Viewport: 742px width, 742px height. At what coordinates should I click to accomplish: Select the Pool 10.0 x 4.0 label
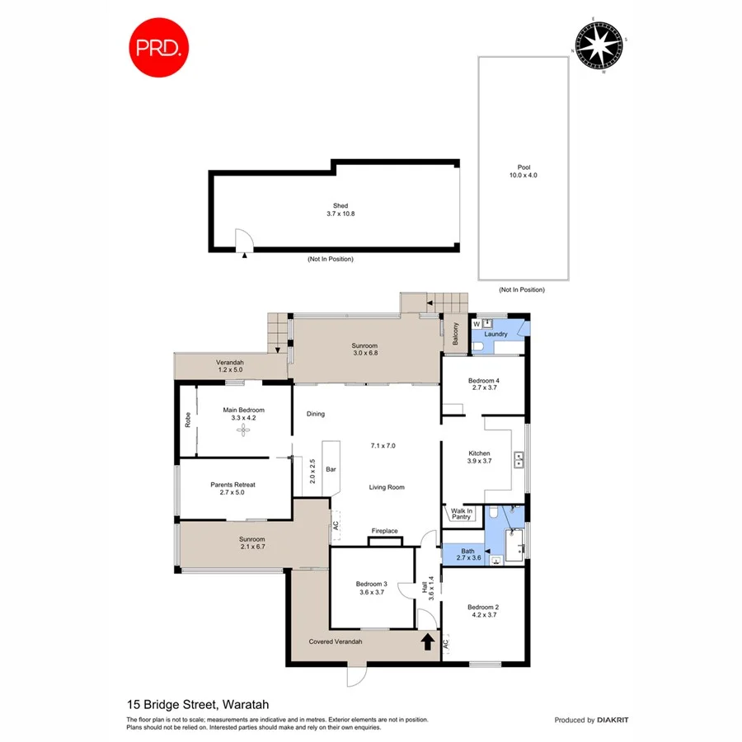[523, 171]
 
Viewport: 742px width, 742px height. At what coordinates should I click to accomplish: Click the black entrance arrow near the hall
[428, 641]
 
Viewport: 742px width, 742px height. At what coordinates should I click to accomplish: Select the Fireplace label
[385, 531]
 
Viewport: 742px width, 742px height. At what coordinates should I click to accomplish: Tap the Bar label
[333, 469]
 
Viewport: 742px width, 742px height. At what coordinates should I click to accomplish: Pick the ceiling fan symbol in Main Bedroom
[243, 430]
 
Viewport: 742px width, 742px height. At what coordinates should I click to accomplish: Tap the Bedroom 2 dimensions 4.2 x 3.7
[485, 615]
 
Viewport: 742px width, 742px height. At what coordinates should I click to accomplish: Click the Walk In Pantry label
[461, 514]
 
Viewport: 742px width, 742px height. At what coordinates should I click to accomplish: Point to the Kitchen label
[480, 453]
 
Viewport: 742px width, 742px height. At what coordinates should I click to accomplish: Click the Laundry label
[495, 334]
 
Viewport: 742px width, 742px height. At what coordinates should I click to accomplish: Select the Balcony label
[454, 333]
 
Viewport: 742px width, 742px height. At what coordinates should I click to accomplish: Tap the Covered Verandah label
[336, 641]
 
